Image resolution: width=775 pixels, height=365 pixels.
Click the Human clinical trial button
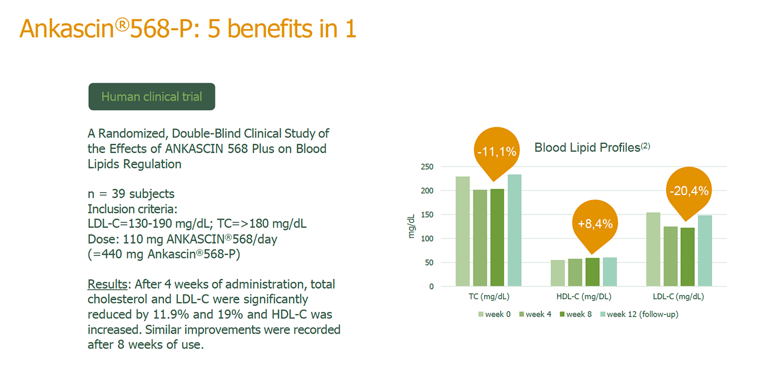tap(152, 96)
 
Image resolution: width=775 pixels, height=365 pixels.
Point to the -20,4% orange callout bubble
tap(689, 191)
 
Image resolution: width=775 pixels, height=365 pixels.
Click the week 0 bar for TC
tap(463, 231)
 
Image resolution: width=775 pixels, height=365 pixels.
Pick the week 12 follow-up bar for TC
tap(514, 230)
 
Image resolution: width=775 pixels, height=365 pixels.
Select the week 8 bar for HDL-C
tap(592, 272)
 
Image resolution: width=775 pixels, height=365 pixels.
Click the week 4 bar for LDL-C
tap(670, 256)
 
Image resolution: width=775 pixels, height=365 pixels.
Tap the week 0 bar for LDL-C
tap(653, 249)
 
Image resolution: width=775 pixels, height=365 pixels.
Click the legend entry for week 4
tap(535, 314)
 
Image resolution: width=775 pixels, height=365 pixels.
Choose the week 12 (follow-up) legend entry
tap(639, 314)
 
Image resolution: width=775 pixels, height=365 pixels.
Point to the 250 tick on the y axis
tap(427, 167)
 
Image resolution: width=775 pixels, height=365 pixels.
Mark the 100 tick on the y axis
tap(427, 238)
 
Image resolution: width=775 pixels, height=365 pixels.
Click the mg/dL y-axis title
tap(411, 226)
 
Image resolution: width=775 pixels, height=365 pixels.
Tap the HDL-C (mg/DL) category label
tap(584, 296)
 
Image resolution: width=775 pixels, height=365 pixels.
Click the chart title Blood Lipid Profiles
tap(587, 147)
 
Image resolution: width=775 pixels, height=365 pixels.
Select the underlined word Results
tap(107, 284)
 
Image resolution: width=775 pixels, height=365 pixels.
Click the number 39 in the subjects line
tap(118, 193)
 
